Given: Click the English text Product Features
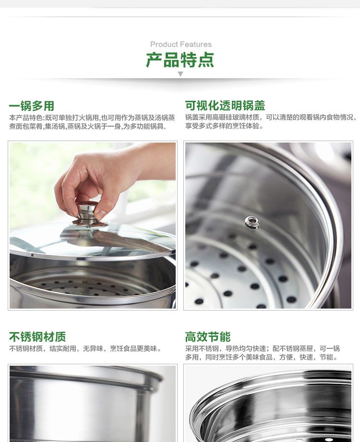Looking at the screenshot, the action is point(180,44).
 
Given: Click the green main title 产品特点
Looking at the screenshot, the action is point(180,60).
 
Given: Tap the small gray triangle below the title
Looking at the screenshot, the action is point(180,74).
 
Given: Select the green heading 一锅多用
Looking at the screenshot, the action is point(32,106).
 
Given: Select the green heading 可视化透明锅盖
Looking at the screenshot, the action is point(225,106).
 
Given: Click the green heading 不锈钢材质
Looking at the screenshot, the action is point(37,337).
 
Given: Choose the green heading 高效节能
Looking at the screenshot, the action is point(208,337).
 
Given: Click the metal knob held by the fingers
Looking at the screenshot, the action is point(87,212).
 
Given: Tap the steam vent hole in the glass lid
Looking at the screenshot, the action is point(252,222).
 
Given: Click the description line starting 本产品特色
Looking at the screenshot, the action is point(92,117).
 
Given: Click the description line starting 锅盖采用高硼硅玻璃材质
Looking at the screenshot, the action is point(271,117).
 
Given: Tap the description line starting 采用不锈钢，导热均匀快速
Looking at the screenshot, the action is point(263,349).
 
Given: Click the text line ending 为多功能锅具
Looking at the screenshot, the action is point(88,126).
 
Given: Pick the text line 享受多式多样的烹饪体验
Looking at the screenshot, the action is point(225,126).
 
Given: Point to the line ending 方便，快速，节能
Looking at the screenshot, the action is point(261,358).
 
